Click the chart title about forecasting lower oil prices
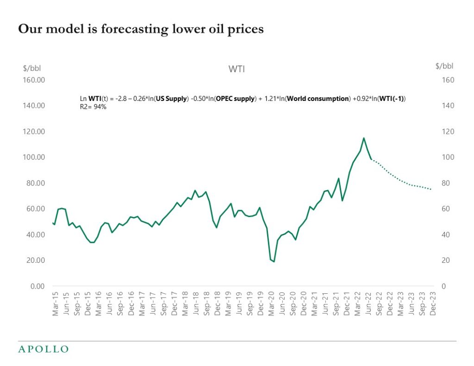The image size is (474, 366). tap(141, 29)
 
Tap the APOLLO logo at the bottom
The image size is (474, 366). tap(43, 349)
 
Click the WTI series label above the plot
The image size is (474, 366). tap(237, 69)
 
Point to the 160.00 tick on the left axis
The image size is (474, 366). tap(34, 80)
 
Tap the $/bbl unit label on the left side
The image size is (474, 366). tap(32, 68)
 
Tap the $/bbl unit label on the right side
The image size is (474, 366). tap(444, 66)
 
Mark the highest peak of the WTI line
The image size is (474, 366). tap(363, 138)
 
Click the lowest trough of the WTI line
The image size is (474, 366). tap(274, 261)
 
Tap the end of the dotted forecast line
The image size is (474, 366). tap(431, 189)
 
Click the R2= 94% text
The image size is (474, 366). tap(94, 107)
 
